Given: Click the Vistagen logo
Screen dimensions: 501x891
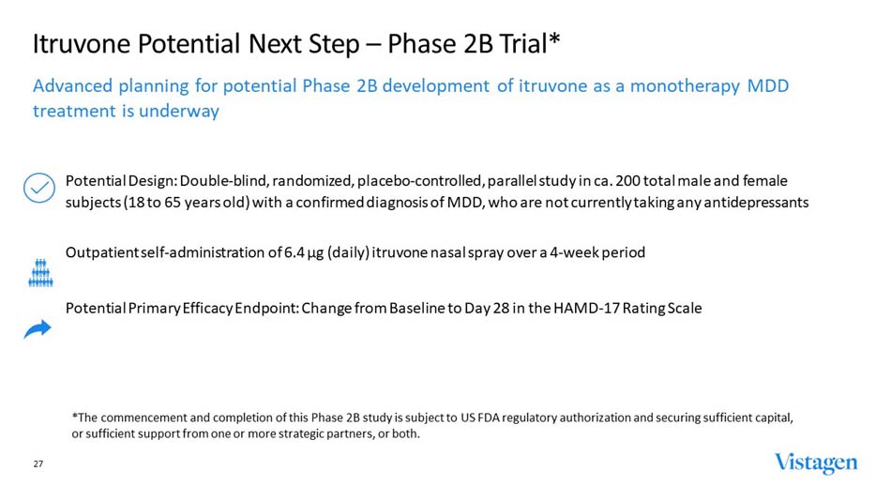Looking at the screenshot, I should click(x=815, y=463).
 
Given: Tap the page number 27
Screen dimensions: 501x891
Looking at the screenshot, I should click(x=38, y=464).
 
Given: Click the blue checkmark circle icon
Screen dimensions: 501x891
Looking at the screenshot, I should click(x=38, y=189).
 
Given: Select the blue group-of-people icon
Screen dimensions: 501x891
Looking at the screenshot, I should click(x=39, y=272).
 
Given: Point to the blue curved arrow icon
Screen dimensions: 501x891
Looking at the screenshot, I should click(x=38, y=328).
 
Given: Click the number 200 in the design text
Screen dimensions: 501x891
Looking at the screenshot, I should click(x=630, y=180).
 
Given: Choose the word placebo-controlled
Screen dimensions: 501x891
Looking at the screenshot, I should click(x=410, y=180).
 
